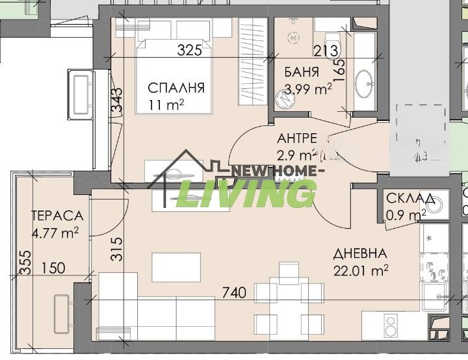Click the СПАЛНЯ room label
(x=176, y=88)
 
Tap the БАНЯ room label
(x=301, y=72)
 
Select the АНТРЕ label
(x=297, y=138)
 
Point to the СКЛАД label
(x=407, y=199)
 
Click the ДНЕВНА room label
(x=361, y=253)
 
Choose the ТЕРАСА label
(x=57, y=216)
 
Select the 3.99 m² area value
(x=309, y=89)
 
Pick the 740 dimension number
(x=233, y=293)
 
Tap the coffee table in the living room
(x=172, y=266)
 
